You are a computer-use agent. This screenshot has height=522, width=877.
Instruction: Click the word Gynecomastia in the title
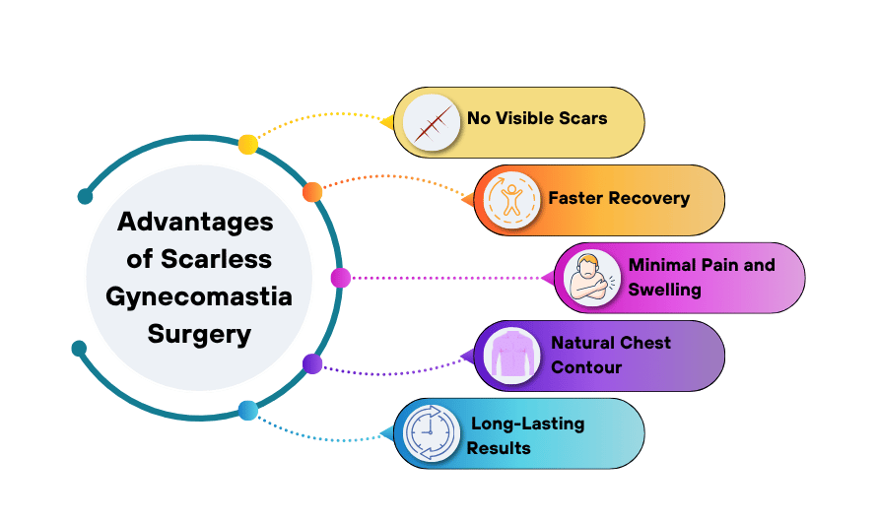click(x=199, y=296)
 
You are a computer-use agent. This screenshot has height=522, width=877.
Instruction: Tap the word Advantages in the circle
click(x=195, y=222)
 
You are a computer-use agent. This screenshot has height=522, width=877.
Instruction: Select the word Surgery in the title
click(x=199, y=334)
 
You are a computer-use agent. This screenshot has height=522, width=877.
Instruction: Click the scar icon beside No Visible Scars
click(x=431, y=122)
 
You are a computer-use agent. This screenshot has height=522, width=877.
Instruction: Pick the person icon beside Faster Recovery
click(x=511, y=200)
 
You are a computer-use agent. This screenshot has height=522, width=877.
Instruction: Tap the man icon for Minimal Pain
click(x=592, y=278)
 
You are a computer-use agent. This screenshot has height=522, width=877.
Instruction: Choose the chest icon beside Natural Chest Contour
click(x=511, y=356)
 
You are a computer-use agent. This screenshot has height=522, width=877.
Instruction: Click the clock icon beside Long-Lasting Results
click(x=431, y=433)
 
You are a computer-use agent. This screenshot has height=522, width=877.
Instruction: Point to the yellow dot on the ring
click(x=247, y=145)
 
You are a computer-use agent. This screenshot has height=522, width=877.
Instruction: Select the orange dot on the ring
click(x=312, y=192)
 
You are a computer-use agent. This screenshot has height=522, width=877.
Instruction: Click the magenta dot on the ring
click(x=341, y=278)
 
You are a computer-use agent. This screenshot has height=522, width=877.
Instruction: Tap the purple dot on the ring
click(x=312, y=363)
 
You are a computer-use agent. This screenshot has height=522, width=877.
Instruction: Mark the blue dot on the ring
click(x=247, y=411)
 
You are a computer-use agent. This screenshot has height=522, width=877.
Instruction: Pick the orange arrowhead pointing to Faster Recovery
click(x=467, y=200)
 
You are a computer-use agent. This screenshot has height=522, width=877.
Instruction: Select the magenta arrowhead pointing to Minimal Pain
click(x=548, y=278)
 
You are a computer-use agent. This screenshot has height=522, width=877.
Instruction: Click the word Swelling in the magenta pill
click(x=665, y=290)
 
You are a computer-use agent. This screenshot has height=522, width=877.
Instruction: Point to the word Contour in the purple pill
click(x=586, y=367)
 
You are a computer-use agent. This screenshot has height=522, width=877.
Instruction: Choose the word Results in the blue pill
click(x=499, y=447)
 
